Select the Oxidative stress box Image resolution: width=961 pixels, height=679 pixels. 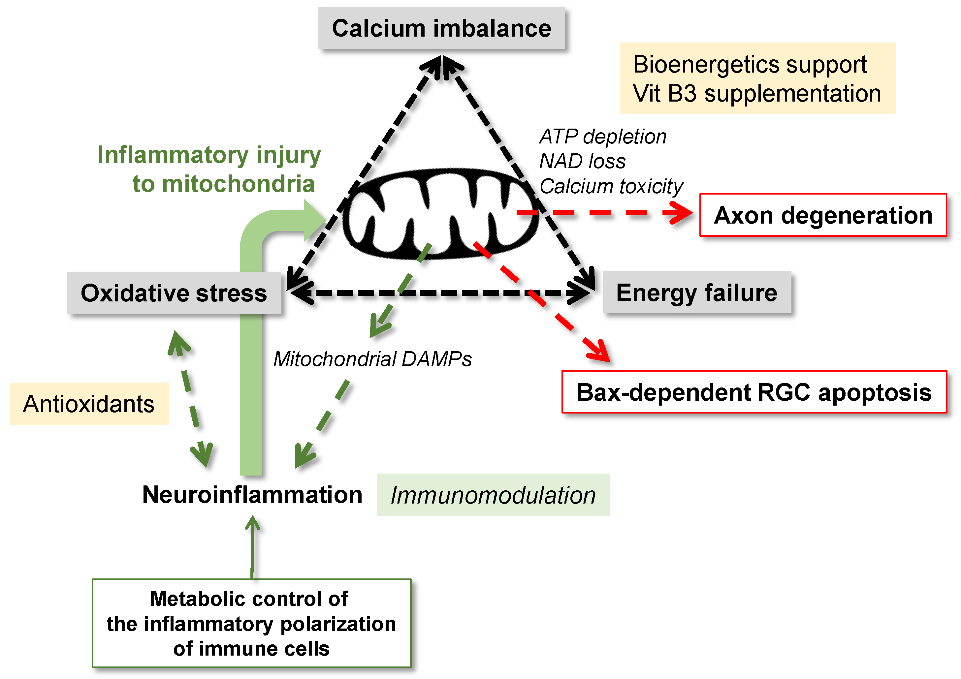tap(174, 293)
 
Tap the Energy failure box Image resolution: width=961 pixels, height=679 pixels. tap(696, 293)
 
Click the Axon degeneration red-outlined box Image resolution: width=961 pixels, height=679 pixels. tap(822, 215)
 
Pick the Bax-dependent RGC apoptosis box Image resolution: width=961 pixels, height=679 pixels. tap(753, 392)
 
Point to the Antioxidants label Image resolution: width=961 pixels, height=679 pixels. tap(89, 404)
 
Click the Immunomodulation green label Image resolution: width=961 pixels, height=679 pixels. tap(493, 495)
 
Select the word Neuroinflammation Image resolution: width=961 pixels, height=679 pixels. tap(252, 495)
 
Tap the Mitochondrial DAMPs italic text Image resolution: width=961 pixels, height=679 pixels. tap(372, 359)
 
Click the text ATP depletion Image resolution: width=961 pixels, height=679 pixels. tap(602, 137)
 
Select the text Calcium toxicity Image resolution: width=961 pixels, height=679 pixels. tap(611, 186)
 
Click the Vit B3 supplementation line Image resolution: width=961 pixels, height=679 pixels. tap(757, 93)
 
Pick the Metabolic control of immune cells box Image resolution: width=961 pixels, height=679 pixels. tap(252, 623)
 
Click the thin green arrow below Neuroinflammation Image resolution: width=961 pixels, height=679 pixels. tap(252, 548)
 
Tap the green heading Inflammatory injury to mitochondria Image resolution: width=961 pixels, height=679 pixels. tap(209, 169)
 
